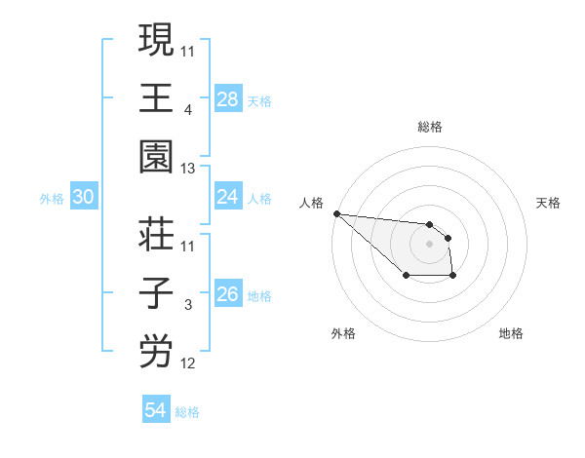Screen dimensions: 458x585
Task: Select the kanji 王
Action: click(x=156, y=98)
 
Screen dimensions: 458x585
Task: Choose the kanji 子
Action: click(x=156, y=293)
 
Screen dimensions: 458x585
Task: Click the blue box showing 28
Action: click(x=227, y=99)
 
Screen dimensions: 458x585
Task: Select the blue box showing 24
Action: click(x=227, y=197)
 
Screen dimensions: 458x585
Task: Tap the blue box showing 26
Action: click(x=227, y=294)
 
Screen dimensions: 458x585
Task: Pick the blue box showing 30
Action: click(x=83, y=198)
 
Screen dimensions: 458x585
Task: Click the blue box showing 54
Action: click(x=155, y=410)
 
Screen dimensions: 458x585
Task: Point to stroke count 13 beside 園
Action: click(x=189, y=170)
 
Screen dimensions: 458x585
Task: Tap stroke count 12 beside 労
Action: click(x=189, y=364)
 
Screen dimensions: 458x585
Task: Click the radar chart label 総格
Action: click(x=430, y=127)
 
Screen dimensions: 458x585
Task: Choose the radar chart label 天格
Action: click(x=549, y=203)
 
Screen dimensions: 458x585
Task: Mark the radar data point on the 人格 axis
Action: click(x=335, y=213)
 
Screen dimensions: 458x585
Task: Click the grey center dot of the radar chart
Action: click(x=430, y=244)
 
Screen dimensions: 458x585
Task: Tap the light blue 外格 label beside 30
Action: click(x=52, y=199)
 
